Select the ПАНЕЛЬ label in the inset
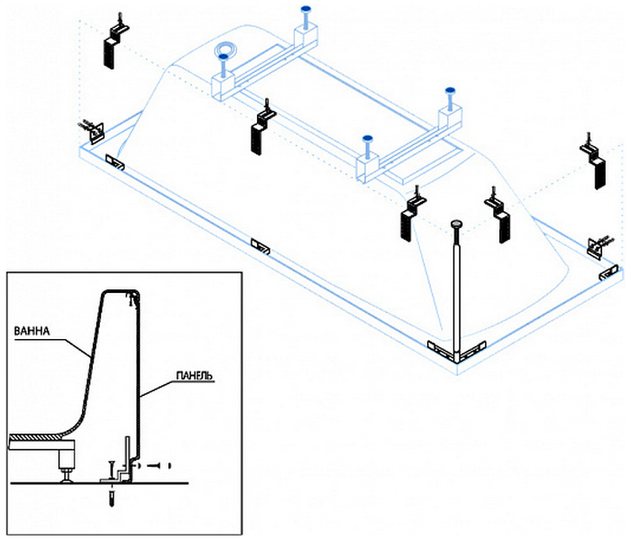[x=193, y=374]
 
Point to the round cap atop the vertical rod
[x=458, y=224]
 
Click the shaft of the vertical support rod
[x=458, y=289]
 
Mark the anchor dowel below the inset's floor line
[x=111, y=496]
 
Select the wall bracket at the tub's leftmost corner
[x=95, y=130]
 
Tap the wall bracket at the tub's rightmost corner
[x=599, y=244]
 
